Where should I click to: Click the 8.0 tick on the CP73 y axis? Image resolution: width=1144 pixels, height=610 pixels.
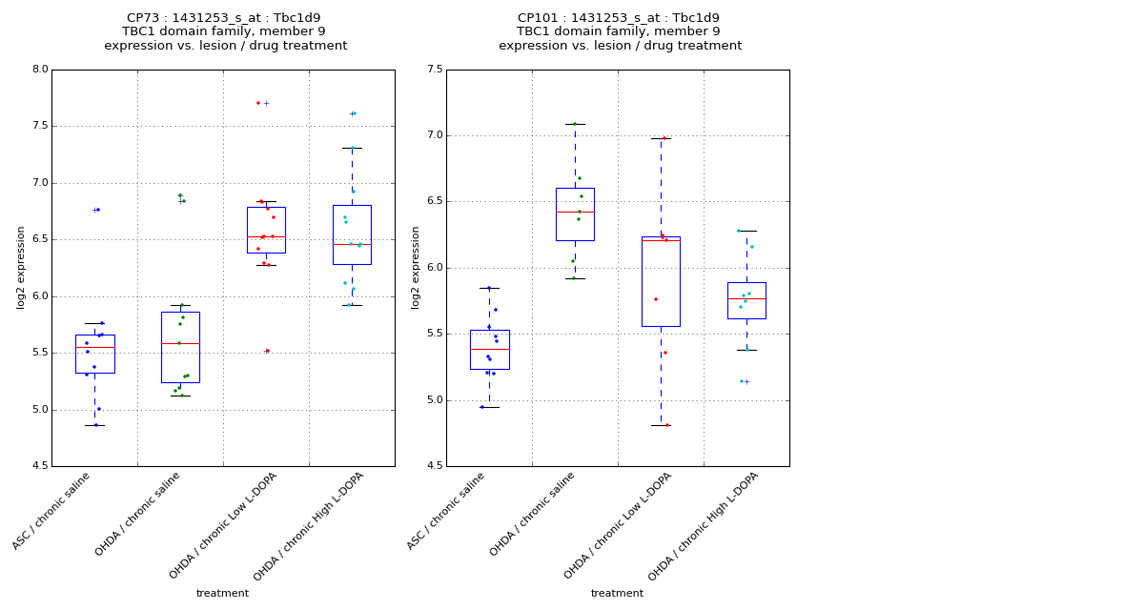[x=40, y=70]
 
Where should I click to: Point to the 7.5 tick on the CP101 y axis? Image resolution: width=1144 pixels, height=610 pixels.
[x=435, y=70]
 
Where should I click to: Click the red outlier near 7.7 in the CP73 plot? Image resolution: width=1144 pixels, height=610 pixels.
[x=258, y=103]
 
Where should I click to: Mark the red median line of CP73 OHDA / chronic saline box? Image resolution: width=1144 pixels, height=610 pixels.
[x=180, y=343]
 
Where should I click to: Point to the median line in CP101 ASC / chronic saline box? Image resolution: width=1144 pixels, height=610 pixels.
[x=489, y=350]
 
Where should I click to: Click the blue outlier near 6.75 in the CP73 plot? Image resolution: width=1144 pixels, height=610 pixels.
[x=98, y=210]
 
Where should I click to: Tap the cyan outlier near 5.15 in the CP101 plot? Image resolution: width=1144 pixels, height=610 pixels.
[x=741, y=381]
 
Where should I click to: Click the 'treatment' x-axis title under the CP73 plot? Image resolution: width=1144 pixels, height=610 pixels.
[x=222, y=594]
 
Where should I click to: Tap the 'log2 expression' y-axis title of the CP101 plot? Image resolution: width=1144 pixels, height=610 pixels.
[x=416, y=268]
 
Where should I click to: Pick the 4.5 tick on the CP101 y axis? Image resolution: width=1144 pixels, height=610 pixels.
[x=435, y=466]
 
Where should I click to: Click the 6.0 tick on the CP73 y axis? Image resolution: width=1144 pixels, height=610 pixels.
[x=40, y=296]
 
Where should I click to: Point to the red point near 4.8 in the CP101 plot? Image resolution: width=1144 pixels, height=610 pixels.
[x=667, y=425]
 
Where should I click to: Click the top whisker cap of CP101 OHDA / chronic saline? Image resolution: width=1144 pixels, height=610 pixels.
[x=575, y=124]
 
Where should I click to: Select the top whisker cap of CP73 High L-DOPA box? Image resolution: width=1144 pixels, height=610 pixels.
[x=352, y=148]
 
